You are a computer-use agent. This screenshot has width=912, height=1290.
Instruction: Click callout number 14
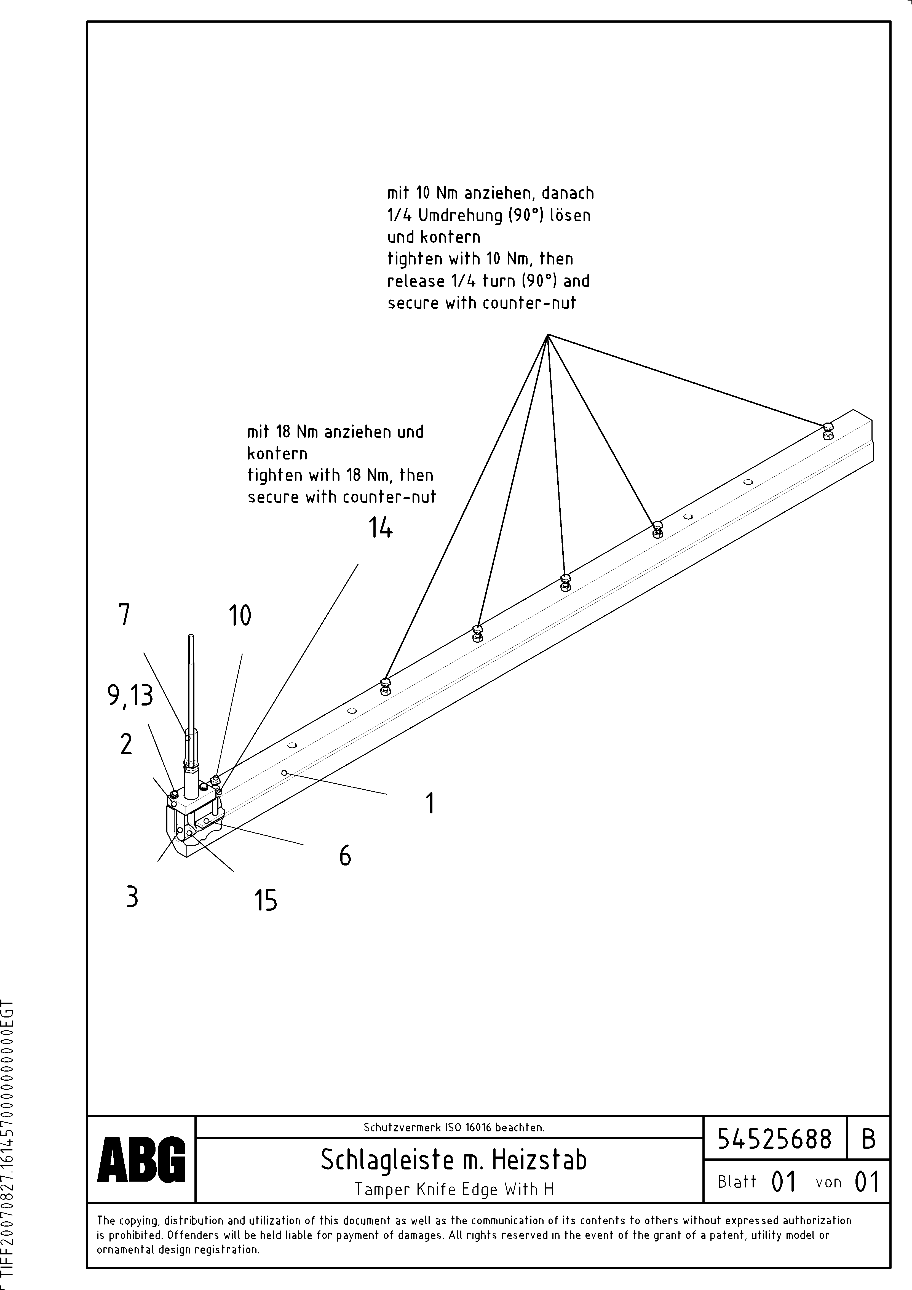[x=380, y=528]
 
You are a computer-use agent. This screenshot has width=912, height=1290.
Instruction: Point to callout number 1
[x=430, y=803]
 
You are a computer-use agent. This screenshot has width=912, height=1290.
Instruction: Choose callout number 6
[x=345, y=856]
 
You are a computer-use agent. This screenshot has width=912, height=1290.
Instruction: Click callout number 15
[x=266, y=901]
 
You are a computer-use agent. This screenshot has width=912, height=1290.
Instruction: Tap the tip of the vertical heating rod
[x=192, y=637]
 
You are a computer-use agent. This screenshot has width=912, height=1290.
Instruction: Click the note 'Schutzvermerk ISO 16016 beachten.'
[x=453, y=1127]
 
